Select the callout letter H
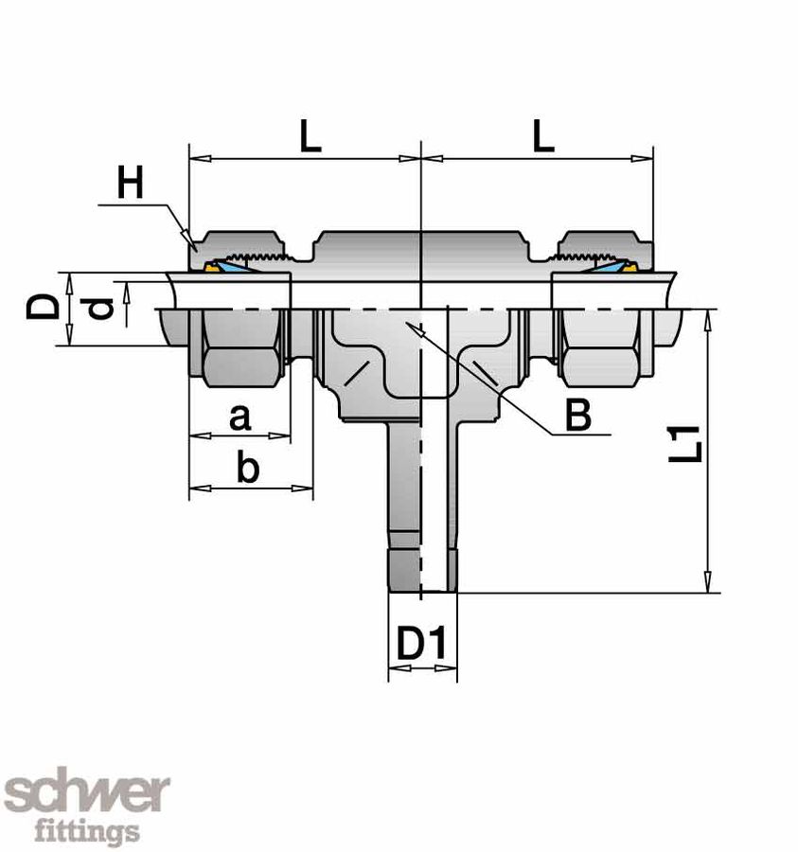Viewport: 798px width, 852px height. pyautogui.click(x=131, y=182)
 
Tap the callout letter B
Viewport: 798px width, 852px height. pyautogui.click(x=577, y=415)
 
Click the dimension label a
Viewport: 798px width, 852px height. pyautogui.click(x=240, y=416)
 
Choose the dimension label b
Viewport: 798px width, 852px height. pyautogui.click(x=246, y=469)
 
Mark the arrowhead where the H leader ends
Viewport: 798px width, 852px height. pyautogui.click(x=190, y=238)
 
